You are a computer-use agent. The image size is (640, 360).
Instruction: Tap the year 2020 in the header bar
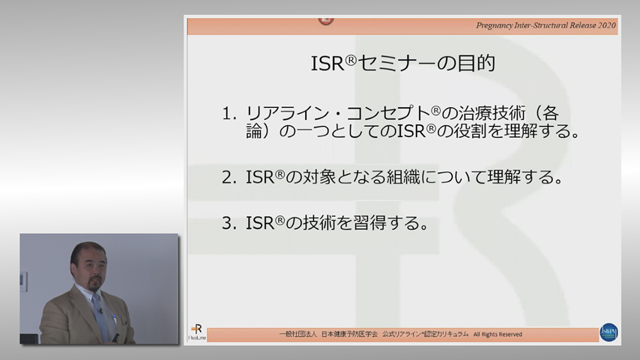[603, 25]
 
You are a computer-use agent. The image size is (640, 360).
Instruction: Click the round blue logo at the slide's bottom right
[609, 332]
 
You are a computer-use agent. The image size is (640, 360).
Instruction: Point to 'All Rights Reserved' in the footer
[498, 334]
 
